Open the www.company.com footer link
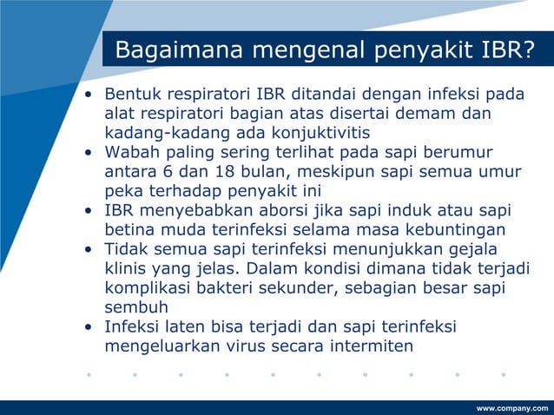click(x=512, y=407)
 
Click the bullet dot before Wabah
click(x=89, y=152)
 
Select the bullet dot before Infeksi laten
click(x=89, y=327)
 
